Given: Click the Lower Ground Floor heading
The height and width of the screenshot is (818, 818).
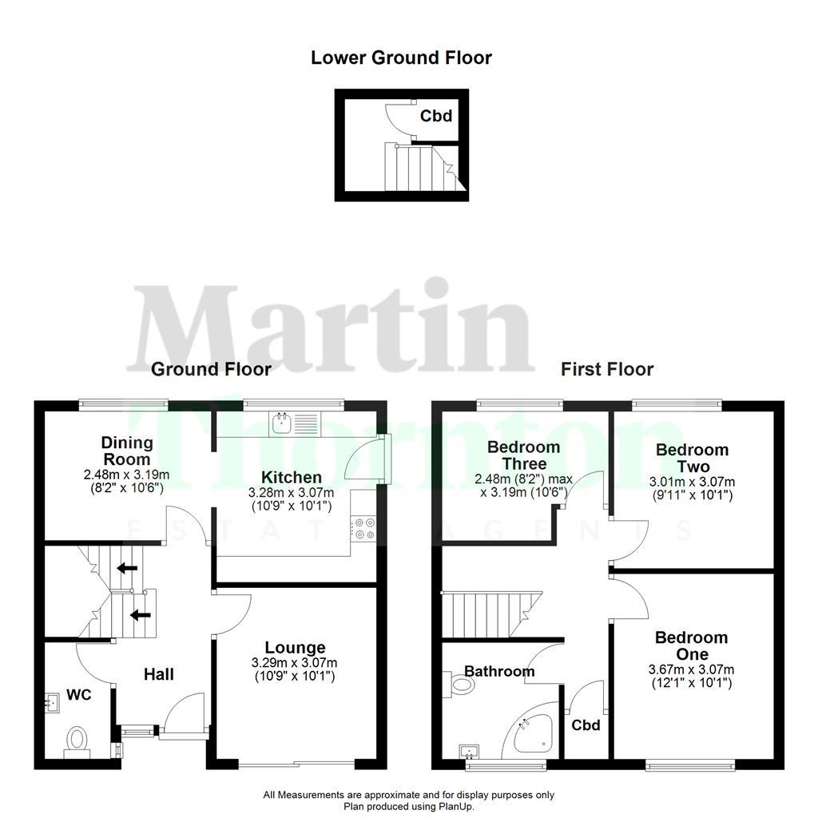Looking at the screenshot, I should click(401, 58).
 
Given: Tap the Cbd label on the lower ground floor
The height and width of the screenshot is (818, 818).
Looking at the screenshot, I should click(437, 116).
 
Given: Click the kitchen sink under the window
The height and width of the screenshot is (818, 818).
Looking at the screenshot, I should click(281, 423).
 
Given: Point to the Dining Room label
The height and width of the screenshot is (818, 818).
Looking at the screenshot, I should click(127, 451).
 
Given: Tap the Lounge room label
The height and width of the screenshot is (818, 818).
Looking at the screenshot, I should click(295, 647).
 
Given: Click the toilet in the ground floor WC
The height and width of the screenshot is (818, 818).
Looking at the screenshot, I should click(77, 738).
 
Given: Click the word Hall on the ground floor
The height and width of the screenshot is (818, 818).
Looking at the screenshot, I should click(159, 675).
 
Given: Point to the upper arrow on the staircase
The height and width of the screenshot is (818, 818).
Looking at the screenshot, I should click(125, 569).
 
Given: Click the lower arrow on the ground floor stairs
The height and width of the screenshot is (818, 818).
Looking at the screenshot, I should click(139, 614).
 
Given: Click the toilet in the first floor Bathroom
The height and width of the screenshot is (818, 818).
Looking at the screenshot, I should click(460, 685).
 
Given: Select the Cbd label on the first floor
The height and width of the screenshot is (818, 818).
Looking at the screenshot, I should click(586, 725).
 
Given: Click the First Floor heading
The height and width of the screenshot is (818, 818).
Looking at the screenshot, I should click(606, 369).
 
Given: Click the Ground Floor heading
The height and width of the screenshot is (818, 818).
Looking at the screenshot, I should click(211, 369).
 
